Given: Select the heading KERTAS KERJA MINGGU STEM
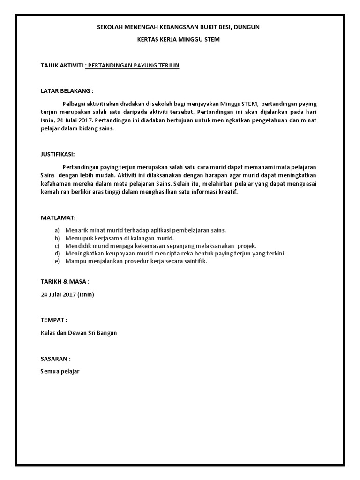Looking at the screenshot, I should coord(178,40).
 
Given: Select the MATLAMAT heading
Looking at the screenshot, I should coord(58,218).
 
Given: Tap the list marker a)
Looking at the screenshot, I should coord(57,230).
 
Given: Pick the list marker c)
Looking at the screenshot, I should coord(57,246).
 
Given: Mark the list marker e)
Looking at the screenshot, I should coord(57,262).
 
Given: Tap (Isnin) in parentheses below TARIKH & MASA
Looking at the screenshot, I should coord(86,294).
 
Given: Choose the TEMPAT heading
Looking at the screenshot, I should coord(54,320).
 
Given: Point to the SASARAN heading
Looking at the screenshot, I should coord(56,359).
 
